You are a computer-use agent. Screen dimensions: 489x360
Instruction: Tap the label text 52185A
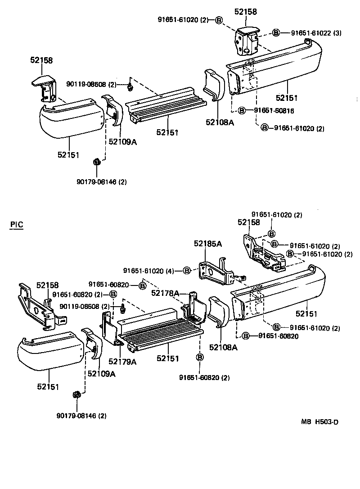(x=208, y=244)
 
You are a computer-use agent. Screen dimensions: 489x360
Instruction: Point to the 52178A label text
(x=166, y=293)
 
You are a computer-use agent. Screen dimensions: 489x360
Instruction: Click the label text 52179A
(x=122, y=361)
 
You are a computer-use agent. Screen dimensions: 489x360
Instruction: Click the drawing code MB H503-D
(x=319, y=422)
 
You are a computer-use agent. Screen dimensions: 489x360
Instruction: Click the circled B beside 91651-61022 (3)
(x=276, y=33)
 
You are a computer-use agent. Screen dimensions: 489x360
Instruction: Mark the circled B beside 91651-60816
(x=242, y=111)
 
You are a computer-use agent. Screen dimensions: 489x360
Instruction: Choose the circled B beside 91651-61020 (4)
(x=186, y=271)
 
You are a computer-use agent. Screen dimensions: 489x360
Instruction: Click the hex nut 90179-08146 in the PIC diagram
(x=76, y=395)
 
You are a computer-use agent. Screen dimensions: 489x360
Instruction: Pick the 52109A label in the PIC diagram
(x=101, y=374)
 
